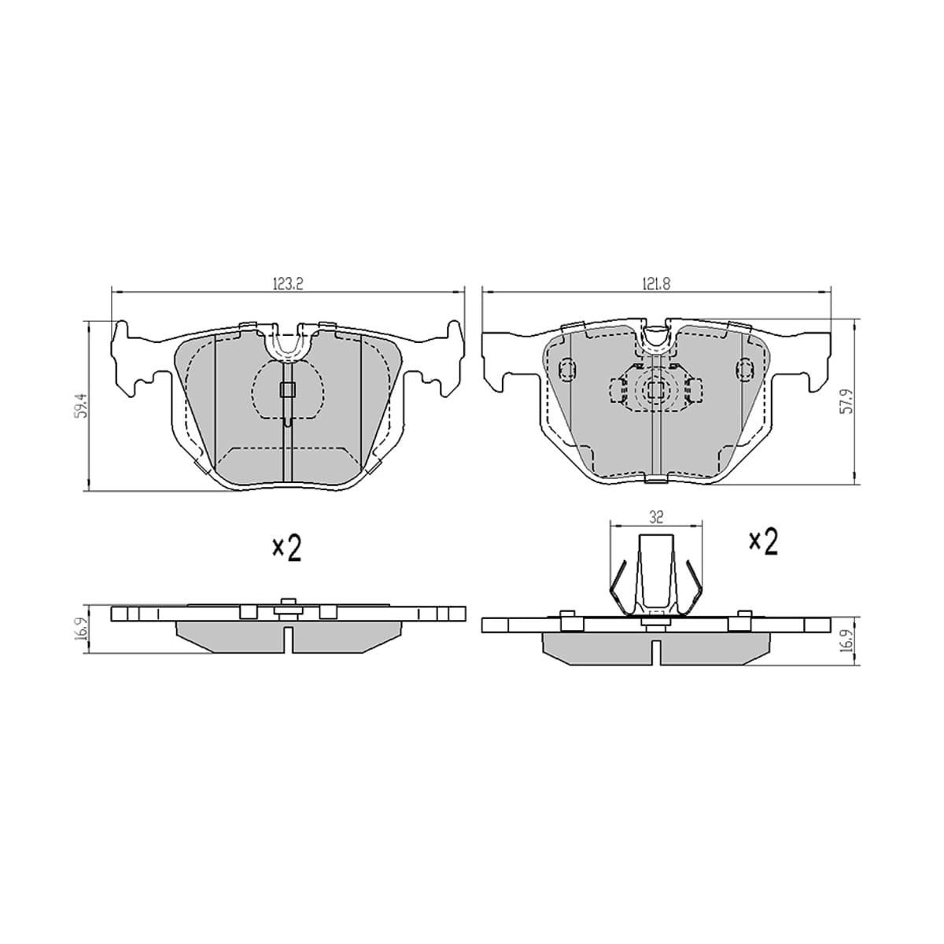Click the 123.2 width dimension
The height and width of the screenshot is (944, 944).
[287, 284]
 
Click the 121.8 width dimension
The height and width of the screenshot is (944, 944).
[656, 284]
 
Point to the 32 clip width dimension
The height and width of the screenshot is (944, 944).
[656, 518]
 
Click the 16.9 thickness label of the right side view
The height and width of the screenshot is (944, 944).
[846, 639]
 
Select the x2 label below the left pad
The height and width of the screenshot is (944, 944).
[286, 548]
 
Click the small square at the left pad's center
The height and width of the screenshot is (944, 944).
[287, 389]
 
